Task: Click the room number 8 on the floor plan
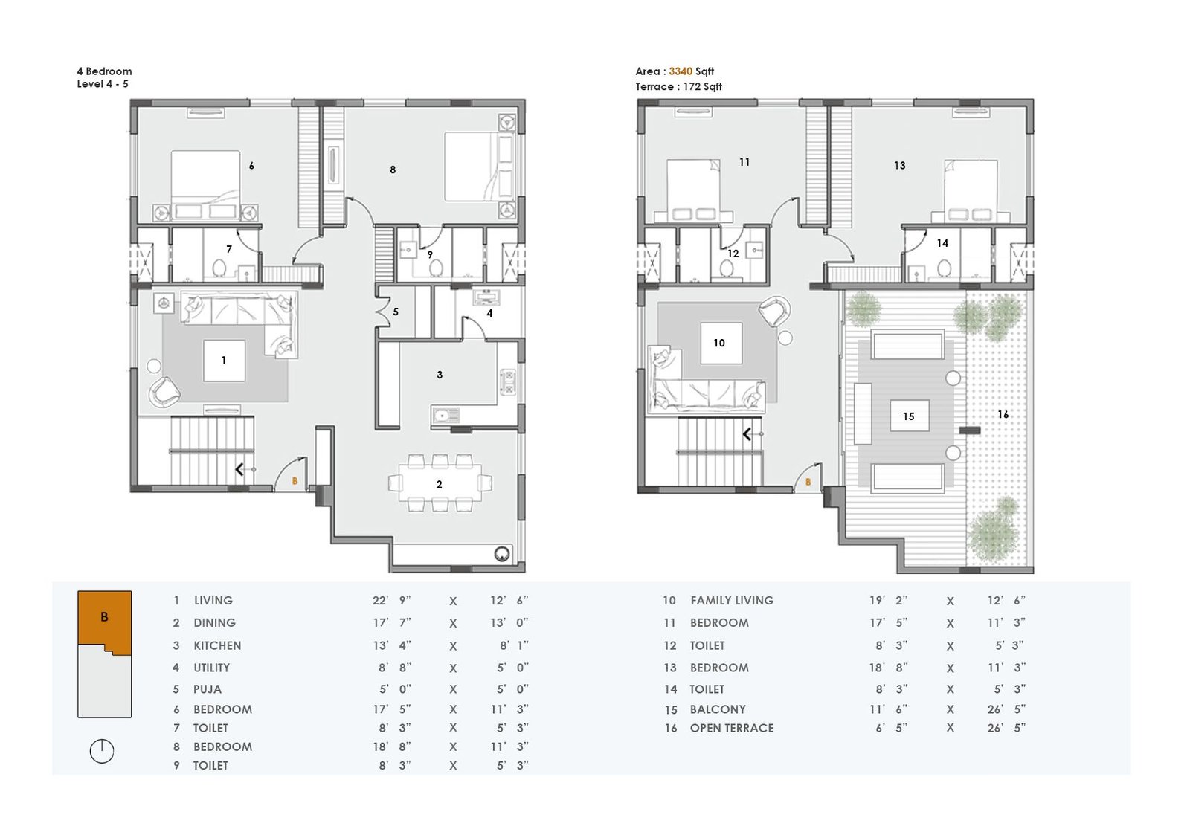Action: coord(393,170)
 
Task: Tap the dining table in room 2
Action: coord(440,484)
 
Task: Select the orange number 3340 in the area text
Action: coord(681,71)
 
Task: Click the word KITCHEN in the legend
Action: coord(217,645)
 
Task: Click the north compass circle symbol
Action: coord(101,751)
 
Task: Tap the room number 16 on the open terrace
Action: coord(1003,414)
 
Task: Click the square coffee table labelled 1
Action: coord(224,361)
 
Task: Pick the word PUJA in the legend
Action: coord(208,689)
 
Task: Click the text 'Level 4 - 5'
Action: coord(103,84)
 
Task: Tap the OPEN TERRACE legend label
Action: coord(732,728)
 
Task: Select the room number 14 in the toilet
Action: coord(942,243)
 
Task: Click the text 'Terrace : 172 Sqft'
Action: coord(678,86)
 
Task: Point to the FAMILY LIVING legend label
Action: coord(732,601)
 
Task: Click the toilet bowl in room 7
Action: coord(219,268)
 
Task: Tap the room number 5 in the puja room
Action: coord(396,312)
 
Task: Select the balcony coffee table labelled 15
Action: coord(909,416)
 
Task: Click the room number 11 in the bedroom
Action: coord(744,162)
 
